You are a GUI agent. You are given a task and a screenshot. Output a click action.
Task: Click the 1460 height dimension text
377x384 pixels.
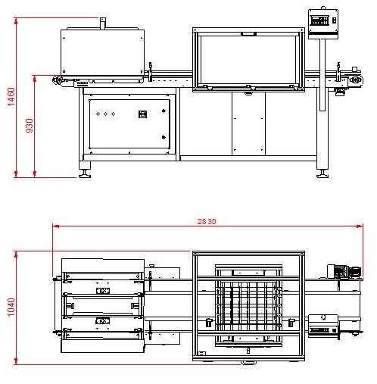pos(11,97)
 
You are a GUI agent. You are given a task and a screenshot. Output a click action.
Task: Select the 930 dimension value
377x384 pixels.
pos(30,126)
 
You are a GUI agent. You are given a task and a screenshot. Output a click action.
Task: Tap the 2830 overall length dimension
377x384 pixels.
pos(207,221)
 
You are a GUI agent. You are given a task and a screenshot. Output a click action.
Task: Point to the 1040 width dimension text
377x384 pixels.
pos(11,308)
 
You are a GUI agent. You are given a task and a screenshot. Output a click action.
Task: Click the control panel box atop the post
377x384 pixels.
pos(323,24)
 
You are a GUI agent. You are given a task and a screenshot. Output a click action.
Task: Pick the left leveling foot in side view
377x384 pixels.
pos(85,175)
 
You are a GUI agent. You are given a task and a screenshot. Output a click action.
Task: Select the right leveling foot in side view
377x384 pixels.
pos(322,175)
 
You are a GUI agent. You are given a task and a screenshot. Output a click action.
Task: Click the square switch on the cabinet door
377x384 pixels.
pos(142,114)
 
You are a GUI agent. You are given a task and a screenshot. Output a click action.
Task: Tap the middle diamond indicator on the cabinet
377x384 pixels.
pos(105,114)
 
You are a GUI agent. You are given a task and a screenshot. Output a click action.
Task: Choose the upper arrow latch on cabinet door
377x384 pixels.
pos(164,111)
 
